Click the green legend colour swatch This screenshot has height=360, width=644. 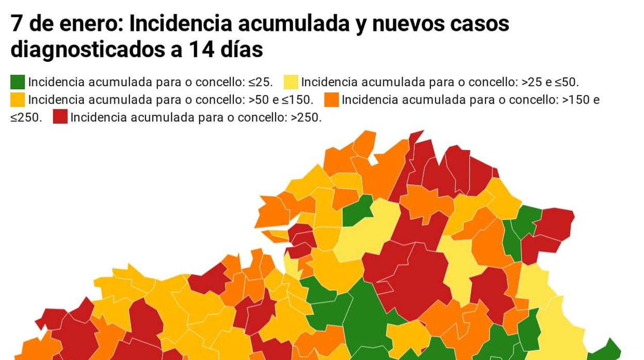[x=18, y=82]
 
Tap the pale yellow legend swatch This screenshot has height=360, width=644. [x=291, y=82]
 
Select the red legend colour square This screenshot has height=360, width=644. [x=60, y=117]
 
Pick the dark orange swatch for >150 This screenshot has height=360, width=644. [x=332, y=100]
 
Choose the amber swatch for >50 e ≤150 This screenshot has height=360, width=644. [x=18, y=100]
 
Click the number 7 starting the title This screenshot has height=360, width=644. [x=16, y=24]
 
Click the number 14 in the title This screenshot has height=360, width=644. [x=202, y=51]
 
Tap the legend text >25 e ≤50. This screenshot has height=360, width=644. [x=550, y=83]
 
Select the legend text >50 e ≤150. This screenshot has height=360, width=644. [x=282, y=100]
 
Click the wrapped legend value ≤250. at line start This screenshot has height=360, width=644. [x=26, y=117]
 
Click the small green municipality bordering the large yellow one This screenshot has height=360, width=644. [x=357, y=210]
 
